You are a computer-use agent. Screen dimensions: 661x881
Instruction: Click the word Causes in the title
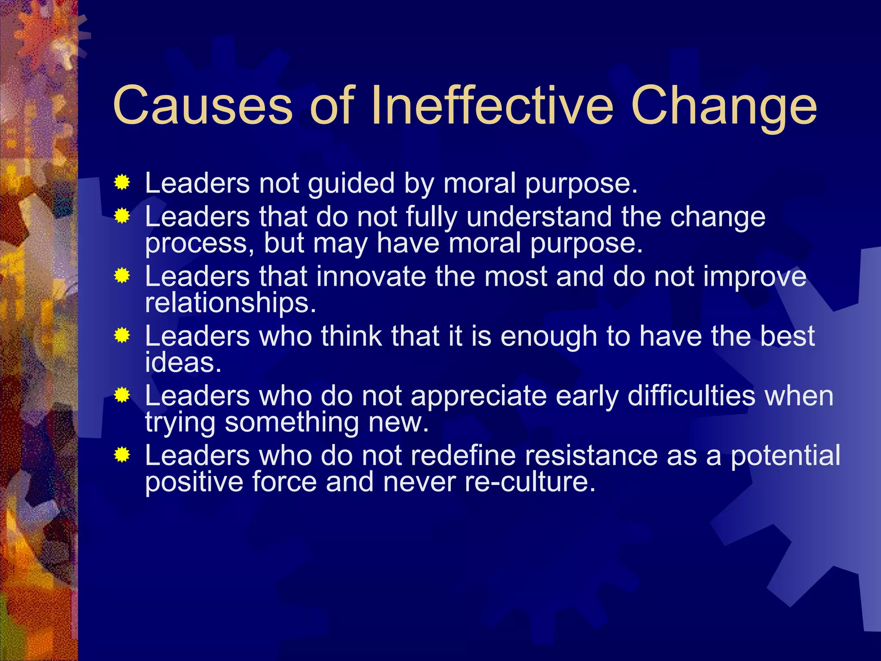(x=202, y=105)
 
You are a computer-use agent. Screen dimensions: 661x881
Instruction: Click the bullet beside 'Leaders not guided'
(x=122, y=183)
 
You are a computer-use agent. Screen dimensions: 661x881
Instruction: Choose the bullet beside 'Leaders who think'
(x=122, y=335)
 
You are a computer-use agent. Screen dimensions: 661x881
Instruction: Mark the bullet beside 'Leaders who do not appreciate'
(x=122, y=395)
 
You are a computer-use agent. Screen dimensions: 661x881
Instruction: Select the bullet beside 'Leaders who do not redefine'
(x=122, y=455)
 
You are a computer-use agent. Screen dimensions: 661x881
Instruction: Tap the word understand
(x=539, y=216)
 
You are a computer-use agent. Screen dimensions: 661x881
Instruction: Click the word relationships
(x=230, y=303)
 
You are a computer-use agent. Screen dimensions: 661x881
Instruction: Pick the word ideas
(x=183, y=362)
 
